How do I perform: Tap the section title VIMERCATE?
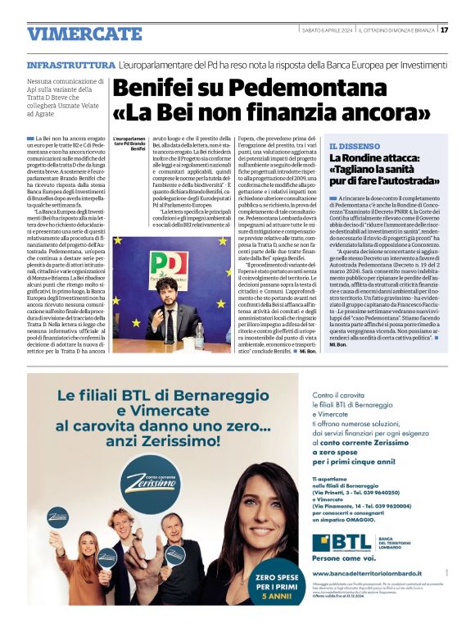click(73, 34)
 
